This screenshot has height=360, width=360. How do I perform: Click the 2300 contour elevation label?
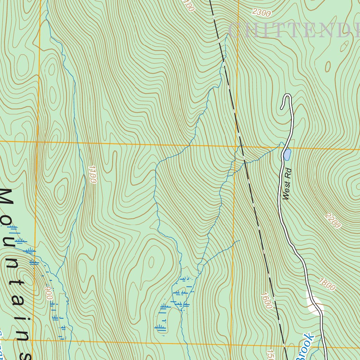tap(262, 13)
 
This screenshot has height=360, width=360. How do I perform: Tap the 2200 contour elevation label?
tap(333, 220)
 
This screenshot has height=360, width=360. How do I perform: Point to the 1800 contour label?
tap(327, 284)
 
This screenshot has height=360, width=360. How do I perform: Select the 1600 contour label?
tap(267, 300)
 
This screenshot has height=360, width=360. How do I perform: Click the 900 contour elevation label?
tap(49, 293)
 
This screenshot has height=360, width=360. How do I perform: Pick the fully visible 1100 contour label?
tap(92, 174)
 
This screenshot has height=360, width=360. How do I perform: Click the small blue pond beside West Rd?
tap(287, 154)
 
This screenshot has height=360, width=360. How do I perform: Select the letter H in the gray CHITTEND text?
tap(256, 31)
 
